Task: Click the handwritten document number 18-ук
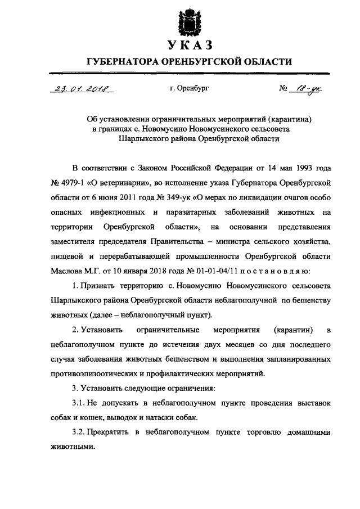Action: click(x=307, y=88)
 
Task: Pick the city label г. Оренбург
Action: click(x=188, y=89)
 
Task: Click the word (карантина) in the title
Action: click(x=282, y=119)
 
